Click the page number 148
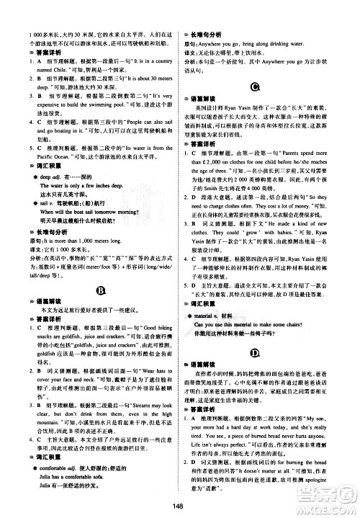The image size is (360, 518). tap(179, 504)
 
